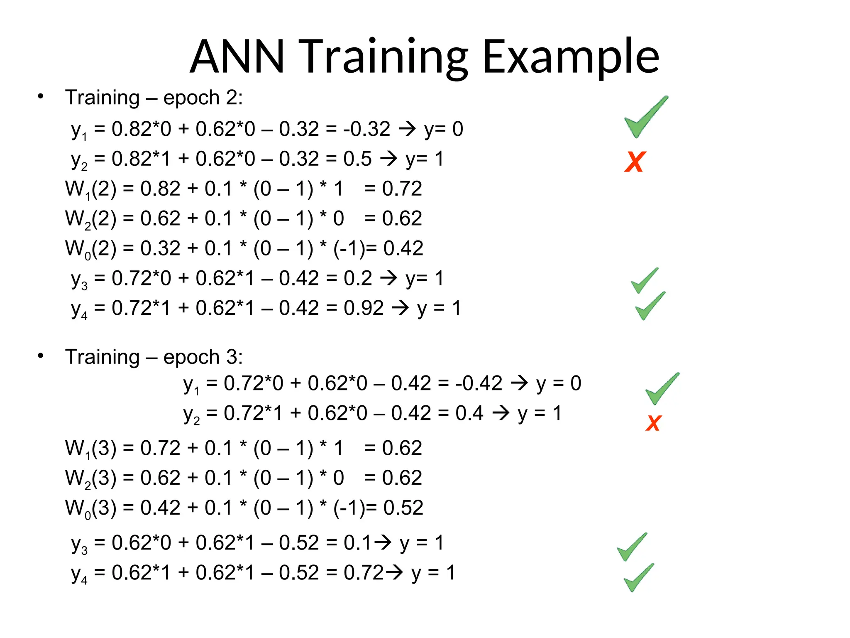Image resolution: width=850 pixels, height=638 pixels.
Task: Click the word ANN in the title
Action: [237, 56]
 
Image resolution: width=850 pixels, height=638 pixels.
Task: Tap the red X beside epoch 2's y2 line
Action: [635, 162]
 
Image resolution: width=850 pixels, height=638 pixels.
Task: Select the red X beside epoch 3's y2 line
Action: [654, 423]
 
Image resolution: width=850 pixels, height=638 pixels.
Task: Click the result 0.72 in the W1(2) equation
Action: [402, 189]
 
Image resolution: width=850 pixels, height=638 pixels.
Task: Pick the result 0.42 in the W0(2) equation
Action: [403, 248]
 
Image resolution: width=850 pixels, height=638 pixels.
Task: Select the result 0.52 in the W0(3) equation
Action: [403, 508]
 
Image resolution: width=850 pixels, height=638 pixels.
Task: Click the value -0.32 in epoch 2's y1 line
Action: [366, 129]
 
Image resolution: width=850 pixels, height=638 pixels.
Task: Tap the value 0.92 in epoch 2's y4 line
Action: [364, 309]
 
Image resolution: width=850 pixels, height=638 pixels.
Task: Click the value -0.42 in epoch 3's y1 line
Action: [479, 383]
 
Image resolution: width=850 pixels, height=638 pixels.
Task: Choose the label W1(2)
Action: [90, 189]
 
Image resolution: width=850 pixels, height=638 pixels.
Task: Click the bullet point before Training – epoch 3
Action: [40, 356]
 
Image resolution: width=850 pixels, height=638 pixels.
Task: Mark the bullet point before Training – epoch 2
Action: [40, 97]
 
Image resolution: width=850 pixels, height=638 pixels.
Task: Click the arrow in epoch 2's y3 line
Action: [389, 278]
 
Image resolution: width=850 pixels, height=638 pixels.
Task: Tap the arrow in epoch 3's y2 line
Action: [501, 413]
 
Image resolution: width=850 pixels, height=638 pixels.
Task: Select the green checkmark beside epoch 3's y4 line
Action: [639, 577]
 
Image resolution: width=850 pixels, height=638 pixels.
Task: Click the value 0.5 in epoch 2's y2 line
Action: [357, 159]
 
